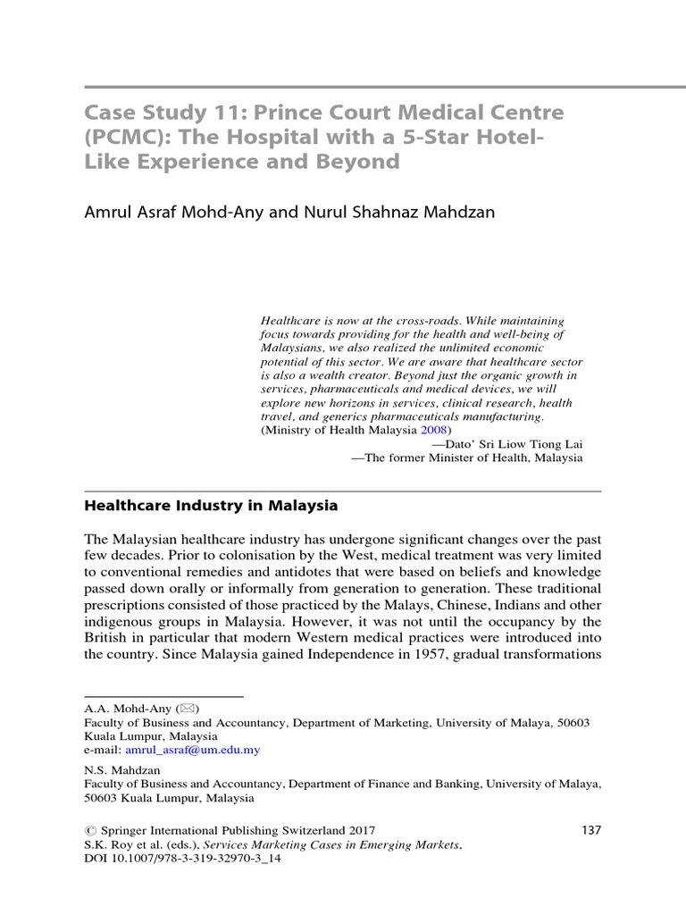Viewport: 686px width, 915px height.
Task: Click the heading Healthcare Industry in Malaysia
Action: coord(211,506)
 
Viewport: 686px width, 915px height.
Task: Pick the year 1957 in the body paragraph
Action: coord(410,653)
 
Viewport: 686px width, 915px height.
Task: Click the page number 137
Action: coord(591,830)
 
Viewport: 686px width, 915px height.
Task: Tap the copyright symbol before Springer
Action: coord(89,830)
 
